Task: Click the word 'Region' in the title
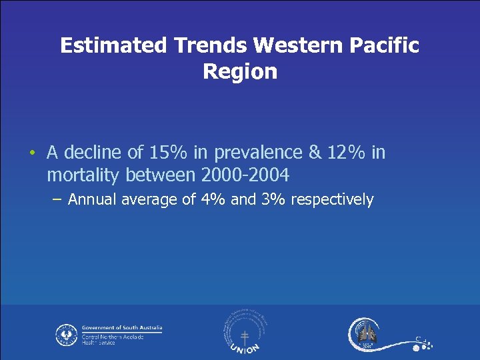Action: (240, 71)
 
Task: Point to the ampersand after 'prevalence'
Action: (315, 153)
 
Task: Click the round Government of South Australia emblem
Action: (67, 334)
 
